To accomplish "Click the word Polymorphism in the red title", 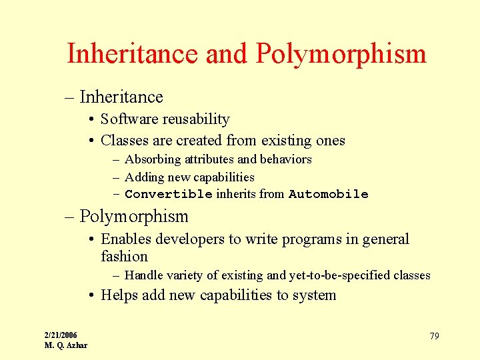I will pos(341,54).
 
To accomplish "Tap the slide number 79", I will pos(434,336).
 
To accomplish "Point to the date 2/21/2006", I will pos(61,335).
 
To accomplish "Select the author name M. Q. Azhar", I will pos(65,345).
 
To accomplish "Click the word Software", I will pos(131,119).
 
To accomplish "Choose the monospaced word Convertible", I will pos(168,195).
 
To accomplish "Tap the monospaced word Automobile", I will pos(328,195).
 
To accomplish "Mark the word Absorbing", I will pos(153,159).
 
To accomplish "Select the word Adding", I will pos(143,177).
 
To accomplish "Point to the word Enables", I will pos(126,239).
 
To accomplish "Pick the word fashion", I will pos(124,257).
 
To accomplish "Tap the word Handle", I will pos(143,275).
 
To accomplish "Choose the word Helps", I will pos(119,295).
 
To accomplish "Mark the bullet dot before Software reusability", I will pos(90,120).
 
